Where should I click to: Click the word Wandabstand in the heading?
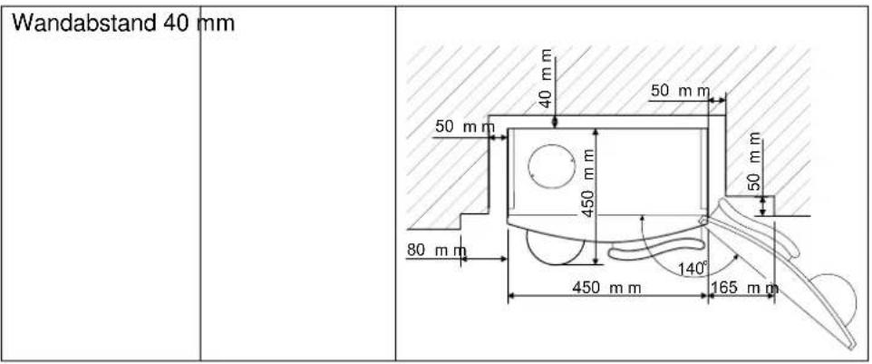[x=84, y=23]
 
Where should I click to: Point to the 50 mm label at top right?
[x=681, y=91]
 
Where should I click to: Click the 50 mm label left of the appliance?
[x=464, y=127]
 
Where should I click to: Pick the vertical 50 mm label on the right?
[x=753, y=162]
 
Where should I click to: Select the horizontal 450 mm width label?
[x=606, y=287]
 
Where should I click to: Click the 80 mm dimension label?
[x=436, y=251]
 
